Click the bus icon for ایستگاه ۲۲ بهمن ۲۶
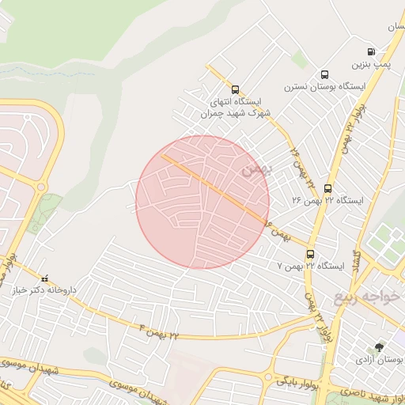click(327, 187)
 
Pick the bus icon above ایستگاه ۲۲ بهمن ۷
click(309, 255)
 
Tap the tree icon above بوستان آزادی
click(379, 347)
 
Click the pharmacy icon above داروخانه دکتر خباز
click(44, 278)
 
